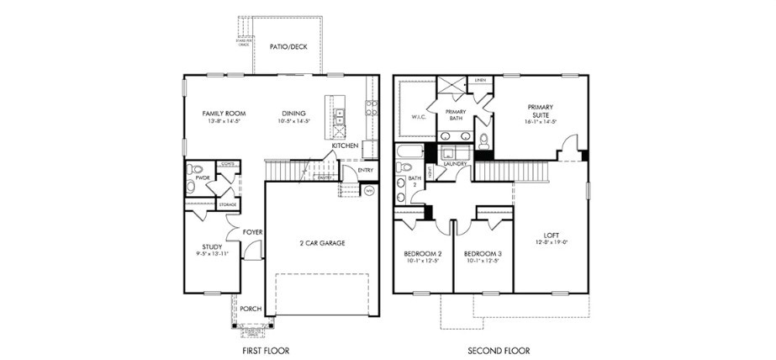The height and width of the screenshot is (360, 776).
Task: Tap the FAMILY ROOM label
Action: click(224, 113)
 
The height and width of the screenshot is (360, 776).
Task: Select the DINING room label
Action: click(293, 113)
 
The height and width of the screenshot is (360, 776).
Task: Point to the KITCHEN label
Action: click(345, 146)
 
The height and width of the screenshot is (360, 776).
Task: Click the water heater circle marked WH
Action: click(368, 191)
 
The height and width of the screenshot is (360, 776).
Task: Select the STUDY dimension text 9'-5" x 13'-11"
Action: click(212, 253)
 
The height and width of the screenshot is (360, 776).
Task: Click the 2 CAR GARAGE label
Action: click(321, 243)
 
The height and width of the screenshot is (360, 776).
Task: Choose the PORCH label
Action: click(251, 309)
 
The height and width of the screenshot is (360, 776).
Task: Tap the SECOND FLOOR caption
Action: click(494, 350)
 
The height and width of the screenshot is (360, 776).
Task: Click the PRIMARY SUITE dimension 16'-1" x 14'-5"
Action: click(539, 122)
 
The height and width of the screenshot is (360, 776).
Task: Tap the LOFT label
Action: click(552, 237)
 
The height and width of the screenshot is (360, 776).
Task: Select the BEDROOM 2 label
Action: click(423, 253)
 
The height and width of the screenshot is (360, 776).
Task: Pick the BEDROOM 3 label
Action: click(483, 253)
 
